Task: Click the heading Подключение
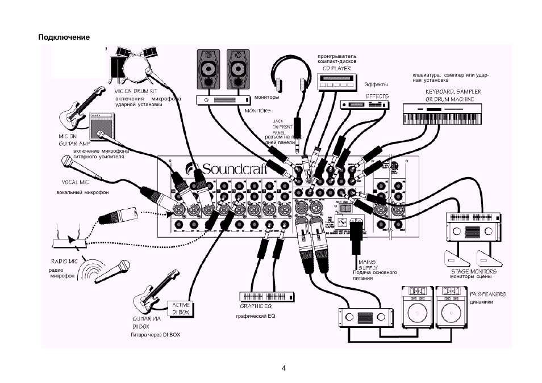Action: (64, 37)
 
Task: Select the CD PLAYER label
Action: (337, 69)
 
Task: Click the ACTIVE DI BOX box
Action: (181, 309)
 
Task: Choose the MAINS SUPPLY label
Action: (368, 265)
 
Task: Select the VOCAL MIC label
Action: (75, 183)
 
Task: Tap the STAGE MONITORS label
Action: (470, 271)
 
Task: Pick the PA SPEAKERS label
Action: (488, 294)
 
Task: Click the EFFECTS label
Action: (377, 96)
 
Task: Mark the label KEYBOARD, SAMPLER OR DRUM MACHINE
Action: (453, 95)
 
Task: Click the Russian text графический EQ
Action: (256, 316)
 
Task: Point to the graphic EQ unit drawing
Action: (267, 297)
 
